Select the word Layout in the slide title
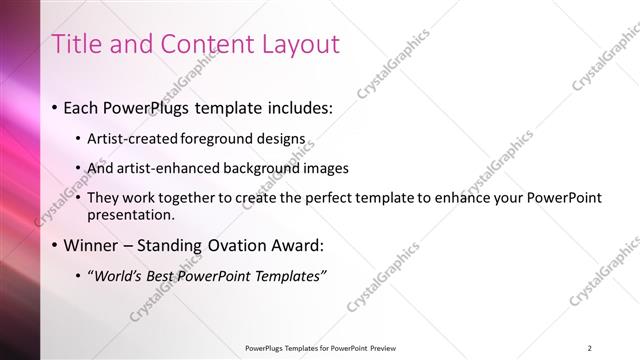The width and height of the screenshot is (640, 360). tap(300, 44)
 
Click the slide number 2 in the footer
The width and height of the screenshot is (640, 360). tap(590, 347)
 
